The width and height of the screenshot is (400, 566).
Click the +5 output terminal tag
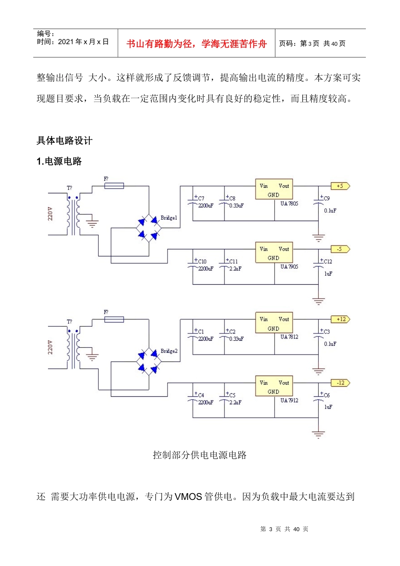coord(340,186)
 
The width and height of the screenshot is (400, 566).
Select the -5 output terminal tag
coord(340,249)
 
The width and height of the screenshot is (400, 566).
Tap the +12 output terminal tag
coord(341,319)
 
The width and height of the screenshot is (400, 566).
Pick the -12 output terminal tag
coord(341,383)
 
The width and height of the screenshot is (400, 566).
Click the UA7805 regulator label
coord(289,204)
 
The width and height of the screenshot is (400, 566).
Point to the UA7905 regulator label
coord(289,267)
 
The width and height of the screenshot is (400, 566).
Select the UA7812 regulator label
coord(289,337)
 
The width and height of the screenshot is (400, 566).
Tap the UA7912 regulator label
coord(289,400)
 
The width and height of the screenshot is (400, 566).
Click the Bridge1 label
coord(169,218)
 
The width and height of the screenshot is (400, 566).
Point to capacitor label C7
coord(201,198)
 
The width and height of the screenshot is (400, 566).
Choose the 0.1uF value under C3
coord(330,344)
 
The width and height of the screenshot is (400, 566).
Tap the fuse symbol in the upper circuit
coord(114,186)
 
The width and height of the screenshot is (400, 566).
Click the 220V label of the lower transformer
coord(51,347)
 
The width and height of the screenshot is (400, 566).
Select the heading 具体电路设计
coord(64,141)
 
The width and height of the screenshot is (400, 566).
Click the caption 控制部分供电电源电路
coord(200,455)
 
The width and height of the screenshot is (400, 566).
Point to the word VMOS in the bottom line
coord(188,497)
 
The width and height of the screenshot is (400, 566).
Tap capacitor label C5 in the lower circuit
coord(232,395)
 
